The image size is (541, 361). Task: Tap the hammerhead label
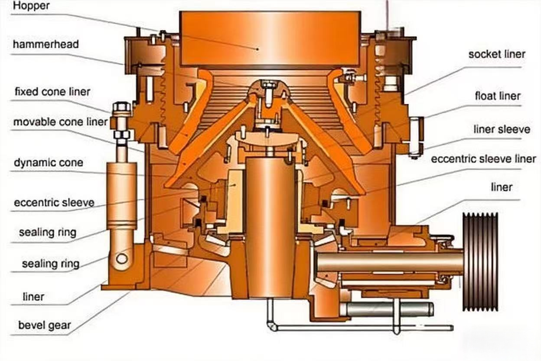click(46, 44)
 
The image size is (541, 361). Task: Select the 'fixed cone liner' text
click(52, 92)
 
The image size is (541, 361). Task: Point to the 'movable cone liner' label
click(60, 122)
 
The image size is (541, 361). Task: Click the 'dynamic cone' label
click(49, 163)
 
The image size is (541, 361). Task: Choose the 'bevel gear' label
click(45, 325)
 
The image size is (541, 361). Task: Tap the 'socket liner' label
click(497, 54)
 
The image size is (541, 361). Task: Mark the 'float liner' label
click(498, 96)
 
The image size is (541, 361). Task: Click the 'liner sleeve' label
click(502, 130)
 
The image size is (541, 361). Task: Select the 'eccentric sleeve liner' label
click(483, 159)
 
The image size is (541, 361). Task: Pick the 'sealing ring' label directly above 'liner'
click(51, 264)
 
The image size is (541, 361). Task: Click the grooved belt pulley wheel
click(480, 262)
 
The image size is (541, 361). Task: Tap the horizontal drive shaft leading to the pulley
click(390, 262)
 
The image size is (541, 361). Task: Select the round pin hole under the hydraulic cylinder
click(122, 259)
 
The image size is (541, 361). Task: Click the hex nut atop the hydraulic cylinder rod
click(122, 107)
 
